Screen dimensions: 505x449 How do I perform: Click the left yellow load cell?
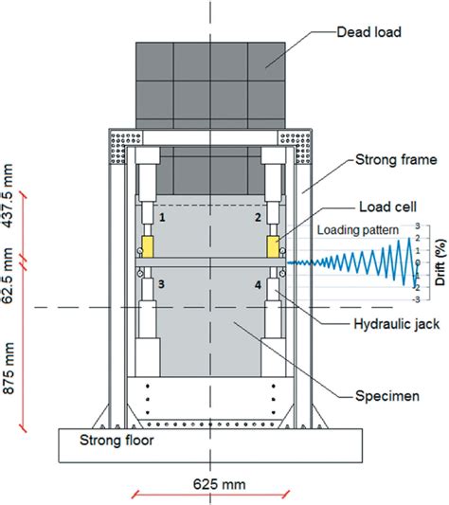(149, 246)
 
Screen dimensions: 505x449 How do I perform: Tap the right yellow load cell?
(273, 246)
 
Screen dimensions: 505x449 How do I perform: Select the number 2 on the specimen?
(257, 218)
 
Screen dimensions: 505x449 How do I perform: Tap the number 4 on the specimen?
(257, 283)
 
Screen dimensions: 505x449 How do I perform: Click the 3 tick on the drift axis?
(418, 227)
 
